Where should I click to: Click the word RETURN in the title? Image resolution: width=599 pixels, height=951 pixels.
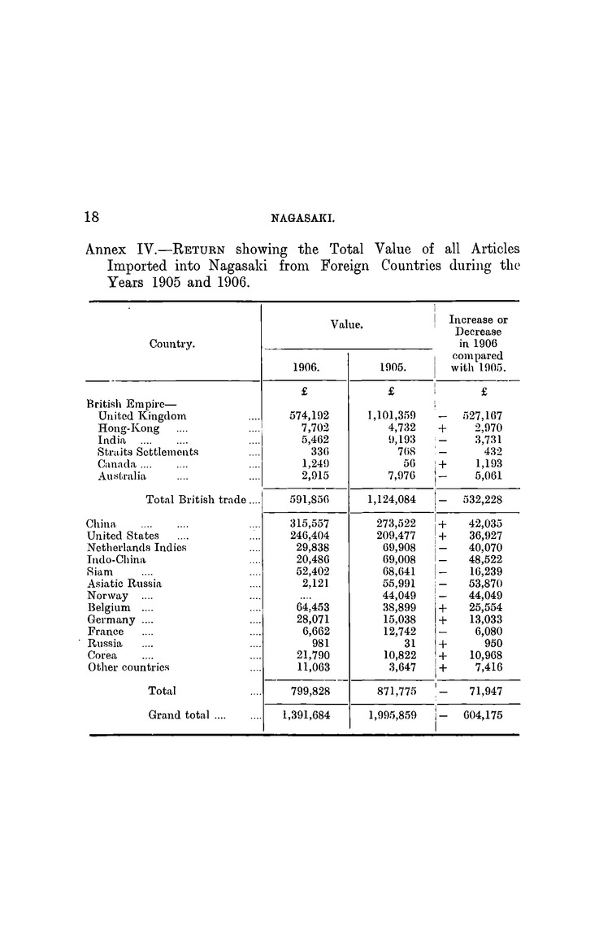click(x=180, y=249)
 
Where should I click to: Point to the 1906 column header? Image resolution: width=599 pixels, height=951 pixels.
click(x=304, y=367)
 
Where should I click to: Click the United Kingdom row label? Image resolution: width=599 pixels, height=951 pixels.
click(x=142, y=415)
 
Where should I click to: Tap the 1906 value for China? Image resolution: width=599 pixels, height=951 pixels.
click(x=310, y=524)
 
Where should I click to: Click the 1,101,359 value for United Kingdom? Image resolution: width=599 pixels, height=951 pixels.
click(x=392, y=415)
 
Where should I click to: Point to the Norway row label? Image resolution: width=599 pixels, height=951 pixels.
click(x=107, y=595)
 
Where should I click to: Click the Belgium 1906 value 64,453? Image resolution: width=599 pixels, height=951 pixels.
click(x=310, y=607)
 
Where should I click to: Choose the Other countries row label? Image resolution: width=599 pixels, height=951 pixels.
click(x=128, y=667)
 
